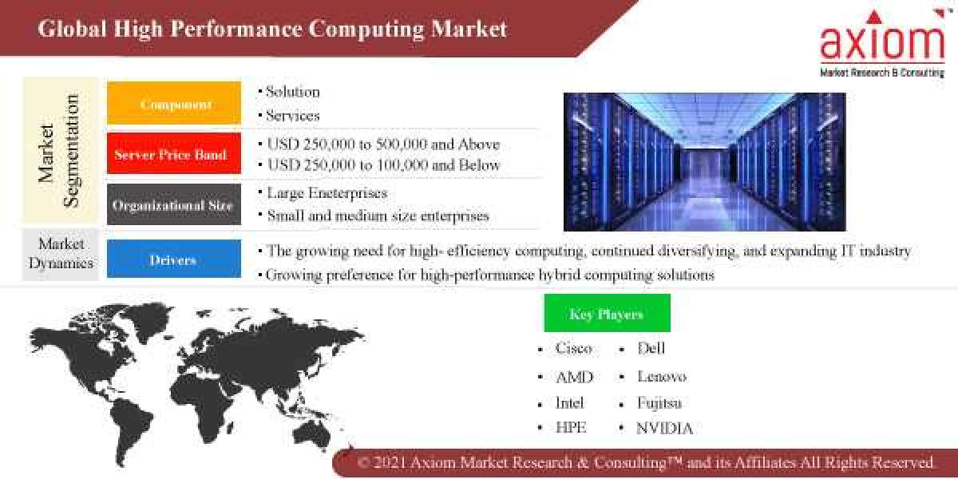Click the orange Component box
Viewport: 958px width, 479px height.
pyautogui.click(x=174, y=103)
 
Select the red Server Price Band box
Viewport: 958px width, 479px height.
pyautogui.click(x=174, y=154)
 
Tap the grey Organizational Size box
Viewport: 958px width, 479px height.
pyautogui.click(x=174, y=204)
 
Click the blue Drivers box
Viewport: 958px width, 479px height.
pyautogui.click(x=174, y=259)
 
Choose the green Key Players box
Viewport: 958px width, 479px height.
pyautogui.click(x=607, y=313)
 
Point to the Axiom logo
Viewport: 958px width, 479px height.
pyautogui.click(x=882, y=44)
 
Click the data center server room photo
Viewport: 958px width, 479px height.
pyautogui.click(x=704, y=161)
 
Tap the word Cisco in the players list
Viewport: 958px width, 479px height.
pyautogui.click(x=574, y=348)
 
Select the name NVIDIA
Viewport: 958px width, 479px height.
pyautogui.click(x=664, y=428)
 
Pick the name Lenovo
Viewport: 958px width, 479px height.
pyautogui.click(x=662, y=376)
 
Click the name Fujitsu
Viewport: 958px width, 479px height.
pyautogui.click(x=659, y=402)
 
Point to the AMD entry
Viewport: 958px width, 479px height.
pyautogui.click(x=574, y=377)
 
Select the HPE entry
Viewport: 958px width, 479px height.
pyautogui.click(x=571, y=428)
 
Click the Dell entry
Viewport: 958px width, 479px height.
pyautogui.click(x=651, y=348)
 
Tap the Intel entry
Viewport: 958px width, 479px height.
pyautogui.click(x=570, y=402)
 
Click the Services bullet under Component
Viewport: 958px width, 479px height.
pyautogui.click(x=292, y=116)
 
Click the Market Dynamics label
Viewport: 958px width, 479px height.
pyautogui.click(x=61, y=253)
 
